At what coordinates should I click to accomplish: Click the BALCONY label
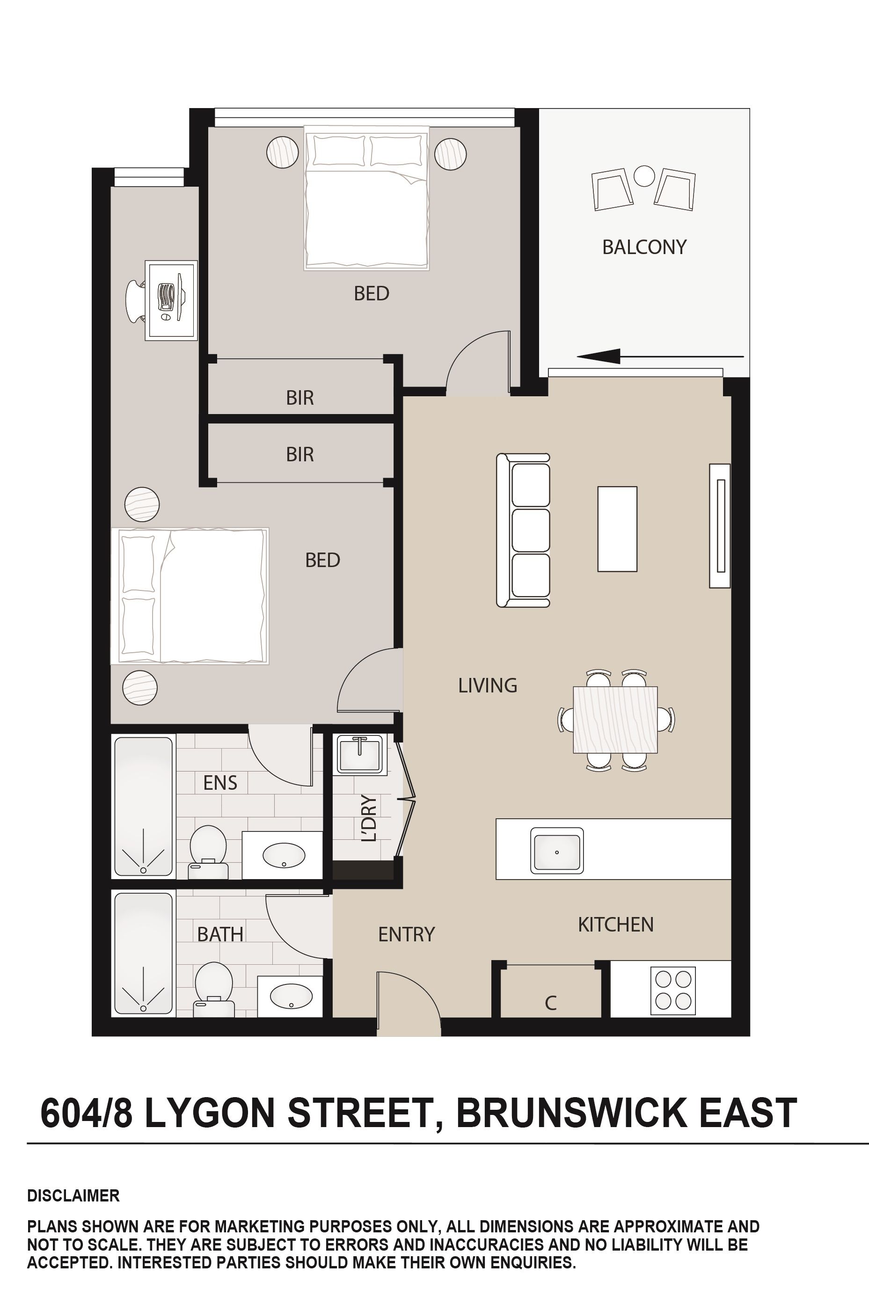click(x=644, y=247)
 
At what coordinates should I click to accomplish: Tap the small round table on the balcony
click(x=644, y=176)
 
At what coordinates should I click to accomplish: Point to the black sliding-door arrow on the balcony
click(x=659, y=356)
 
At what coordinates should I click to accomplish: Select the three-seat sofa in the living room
click(x=523, y=531)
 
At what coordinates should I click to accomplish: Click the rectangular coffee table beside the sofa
click(x=617, y=529)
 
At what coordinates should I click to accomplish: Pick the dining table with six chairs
click(x=615, y=720)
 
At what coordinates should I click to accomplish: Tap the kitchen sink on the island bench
click(x=556, y=851)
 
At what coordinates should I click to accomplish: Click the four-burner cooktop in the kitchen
click(x=672, y=990)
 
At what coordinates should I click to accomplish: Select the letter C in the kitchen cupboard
click(x=550, y=1003)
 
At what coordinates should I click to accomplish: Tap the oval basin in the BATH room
click(x=291, y=997)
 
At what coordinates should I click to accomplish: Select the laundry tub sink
click(x=360, y=754)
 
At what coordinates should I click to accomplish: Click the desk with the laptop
click(x=171, y=300)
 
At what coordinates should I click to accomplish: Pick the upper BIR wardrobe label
click(x=300, y=398)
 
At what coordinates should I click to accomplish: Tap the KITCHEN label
click(x=616, y=924)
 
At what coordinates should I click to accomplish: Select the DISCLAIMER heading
click(x=73, y=1196)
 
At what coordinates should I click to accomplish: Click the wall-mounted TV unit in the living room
click(x=720, y=525)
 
